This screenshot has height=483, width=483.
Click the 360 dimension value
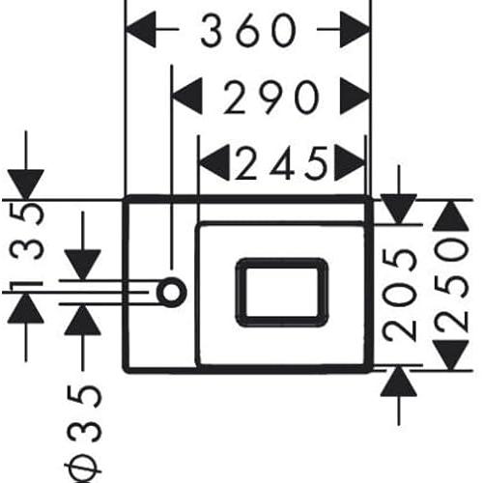(248, 30)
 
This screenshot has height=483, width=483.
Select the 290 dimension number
(271, 98)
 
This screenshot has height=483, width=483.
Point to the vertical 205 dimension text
(399, 295)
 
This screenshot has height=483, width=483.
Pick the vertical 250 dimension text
(451, 287)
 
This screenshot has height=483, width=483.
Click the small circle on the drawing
(172, 292)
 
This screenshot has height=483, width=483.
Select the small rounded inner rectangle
(282, 292)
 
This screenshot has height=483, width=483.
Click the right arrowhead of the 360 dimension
(355, 30)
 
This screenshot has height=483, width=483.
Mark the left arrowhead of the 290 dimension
(186, 96)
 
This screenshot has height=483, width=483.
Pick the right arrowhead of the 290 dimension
(355, 96)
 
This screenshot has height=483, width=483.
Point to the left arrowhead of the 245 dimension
(214, 162)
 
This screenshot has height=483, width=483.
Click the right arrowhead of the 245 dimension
(350, 162)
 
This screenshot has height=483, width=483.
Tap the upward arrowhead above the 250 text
(451, 215)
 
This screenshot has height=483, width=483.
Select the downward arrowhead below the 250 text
(451, 355)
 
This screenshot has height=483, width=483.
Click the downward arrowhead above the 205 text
(399, 209)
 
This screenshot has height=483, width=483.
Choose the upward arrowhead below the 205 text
(399, 382)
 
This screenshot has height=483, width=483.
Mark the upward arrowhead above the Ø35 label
(82, 320)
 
